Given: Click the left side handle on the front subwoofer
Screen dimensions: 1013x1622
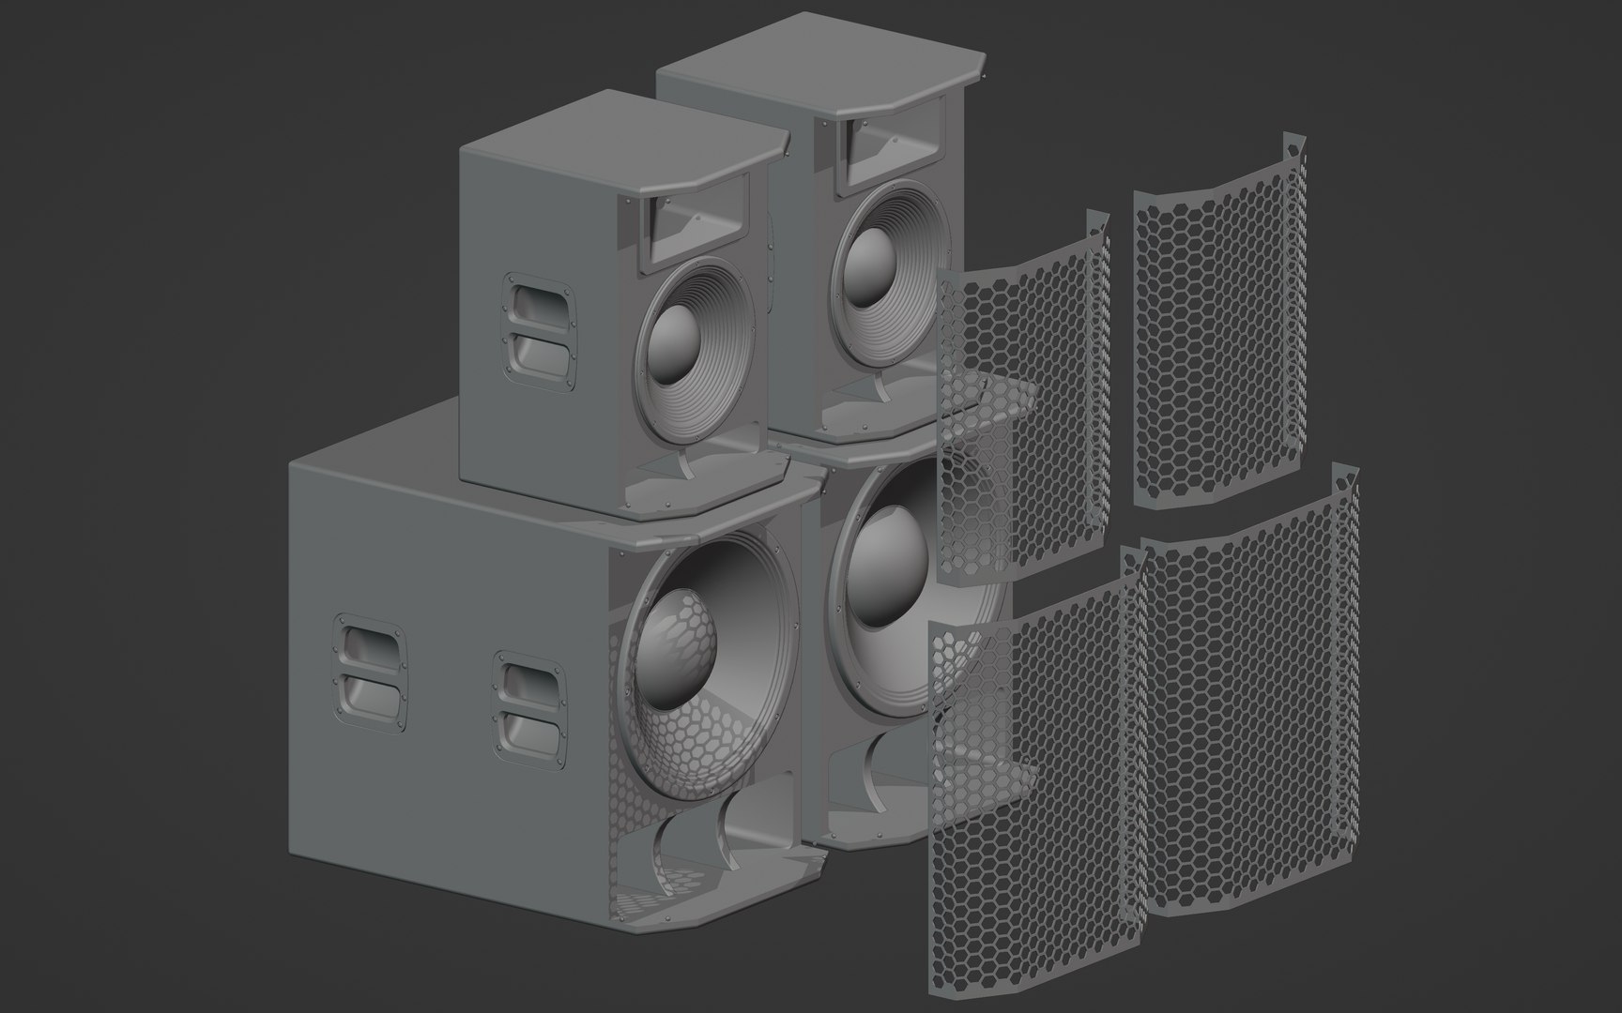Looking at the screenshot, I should pyautogui.click(x=371, y=668).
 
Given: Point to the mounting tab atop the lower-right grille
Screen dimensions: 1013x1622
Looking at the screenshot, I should pyautogui.click(x=1346, y=475).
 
